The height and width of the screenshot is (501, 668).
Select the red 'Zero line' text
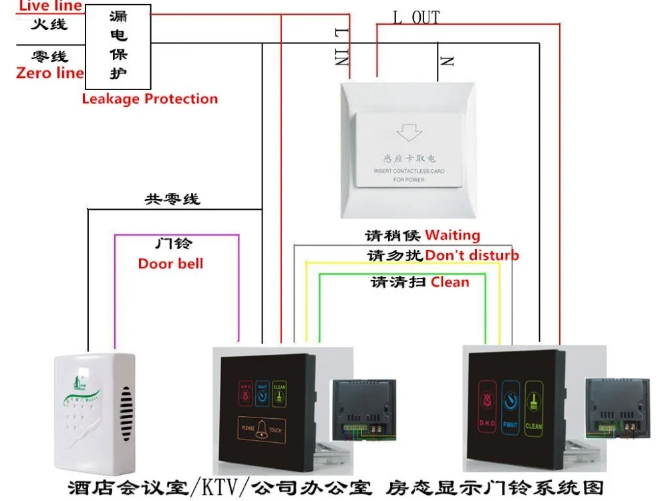(x=49, y=73)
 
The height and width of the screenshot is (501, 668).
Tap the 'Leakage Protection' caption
(x=150, y=99)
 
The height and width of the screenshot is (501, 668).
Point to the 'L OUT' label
(x=415, y=17)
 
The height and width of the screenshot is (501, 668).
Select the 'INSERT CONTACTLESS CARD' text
(x=409, y=172)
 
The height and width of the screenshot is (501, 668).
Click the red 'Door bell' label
(x=170, y=263)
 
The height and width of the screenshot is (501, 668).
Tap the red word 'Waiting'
(x=452, y=235)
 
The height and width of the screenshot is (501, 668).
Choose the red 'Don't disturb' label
(x=472, y=255)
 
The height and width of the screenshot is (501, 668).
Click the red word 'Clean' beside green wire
(x=450, y=282)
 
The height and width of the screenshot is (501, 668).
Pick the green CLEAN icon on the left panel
(x=279, y=395)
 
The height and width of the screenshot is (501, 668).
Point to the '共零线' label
(x=172, y=200)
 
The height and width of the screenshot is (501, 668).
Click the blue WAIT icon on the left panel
(x=262, y=395)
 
